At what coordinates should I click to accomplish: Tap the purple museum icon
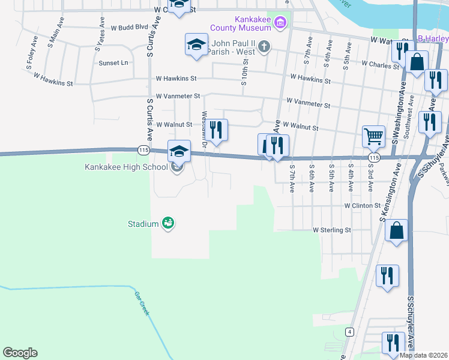click(x=279, y=23)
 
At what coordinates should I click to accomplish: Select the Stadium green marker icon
click(x=169, y=223)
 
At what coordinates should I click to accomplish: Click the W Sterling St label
click(x=331, y=230)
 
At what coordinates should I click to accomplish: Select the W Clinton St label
click(x=363, y=205)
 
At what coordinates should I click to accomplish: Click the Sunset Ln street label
click(x=113, y=62)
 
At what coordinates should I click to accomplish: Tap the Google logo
click(x=20, y=353)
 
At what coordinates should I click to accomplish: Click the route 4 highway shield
click(x=349, y=331)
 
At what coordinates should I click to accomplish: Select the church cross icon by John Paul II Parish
click(x=264, y=47)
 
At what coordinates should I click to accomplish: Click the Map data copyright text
click(x=423, y=355)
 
